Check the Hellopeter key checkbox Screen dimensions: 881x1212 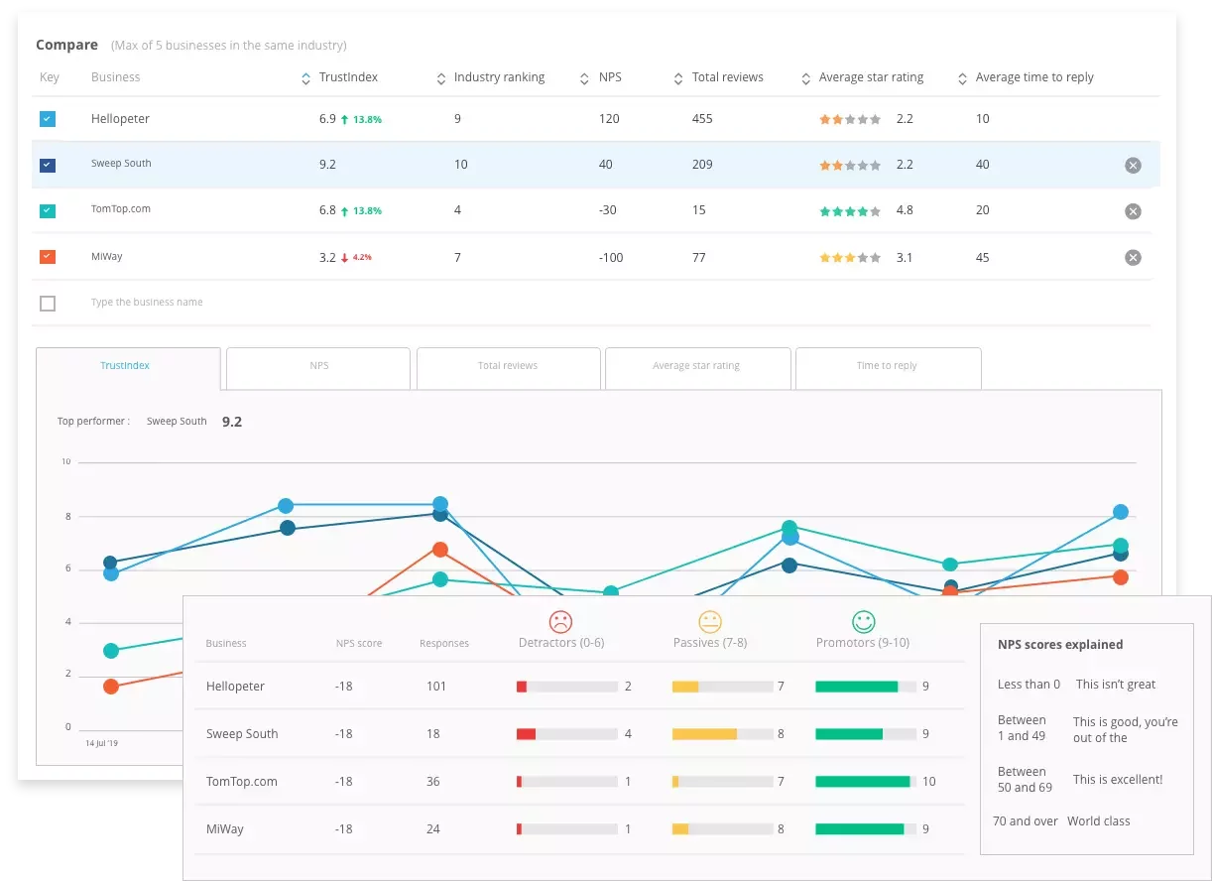(x=48, y=119)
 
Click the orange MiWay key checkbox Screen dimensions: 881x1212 (x=48, y=257)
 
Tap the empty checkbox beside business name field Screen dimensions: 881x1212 (x=48, y=304)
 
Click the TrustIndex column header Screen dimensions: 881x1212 (x=347, y=77)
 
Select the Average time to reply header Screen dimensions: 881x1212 (x=1033, y=77)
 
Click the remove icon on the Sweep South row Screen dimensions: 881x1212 (x=1133, y=166)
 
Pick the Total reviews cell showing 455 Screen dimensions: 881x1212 (x=702, y=119)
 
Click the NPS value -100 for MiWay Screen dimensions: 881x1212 (x=611, y=258)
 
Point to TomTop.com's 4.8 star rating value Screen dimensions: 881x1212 (x=905, y=210)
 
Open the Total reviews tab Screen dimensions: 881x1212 (x=508, y=366)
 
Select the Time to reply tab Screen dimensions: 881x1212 (x=887, y=366)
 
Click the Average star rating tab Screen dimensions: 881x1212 (x=696, y=366)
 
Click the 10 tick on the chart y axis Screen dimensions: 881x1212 (x=66, y=462)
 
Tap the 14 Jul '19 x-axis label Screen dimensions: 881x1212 (x=101, y=742)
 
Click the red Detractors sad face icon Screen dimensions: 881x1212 (x=560, y=622)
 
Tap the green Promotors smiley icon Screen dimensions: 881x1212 (x=864, y=622)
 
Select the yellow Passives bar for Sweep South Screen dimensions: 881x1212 (x=704, y=734)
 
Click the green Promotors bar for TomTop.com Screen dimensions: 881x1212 (x=862, y=782)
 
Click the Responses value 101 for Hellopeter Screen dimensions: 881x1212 (x=436, y=687)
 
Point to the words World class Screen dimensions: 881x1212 (x=1098, y=821)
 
